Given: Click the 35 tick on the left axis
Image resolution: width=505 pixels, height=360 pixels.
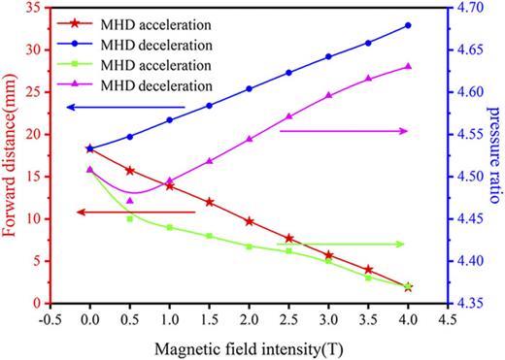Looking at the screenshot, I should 33,7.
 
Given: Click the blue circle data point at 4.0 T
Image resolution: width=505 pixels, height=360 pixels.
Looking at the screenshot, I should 408,25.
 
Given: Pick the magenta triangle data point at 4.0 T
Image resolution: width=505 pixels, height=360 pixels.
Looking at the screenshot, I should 408,66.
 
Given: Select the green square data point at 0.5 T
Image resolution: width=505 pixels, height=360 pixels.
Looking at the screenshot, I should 130,218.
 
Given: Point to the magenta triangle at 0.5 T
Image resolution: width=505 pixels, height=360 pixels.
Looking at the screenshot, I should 130,201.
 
